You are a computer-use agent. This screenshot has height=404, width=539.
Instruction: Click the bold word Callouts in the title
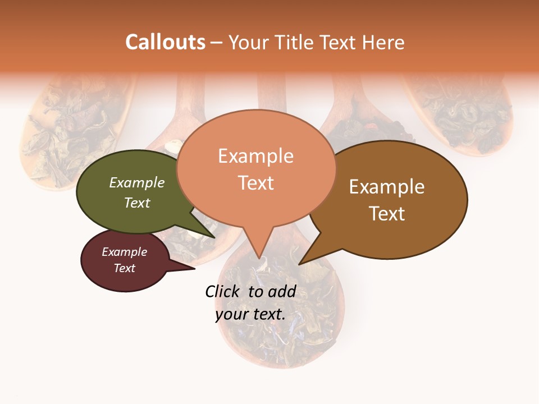[x=165, y=42]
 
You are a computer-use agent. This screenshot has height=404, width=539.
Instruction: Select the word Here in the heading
[x=384, y=42]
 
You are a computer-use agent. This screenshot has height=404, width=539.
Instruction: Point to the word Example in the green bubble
[x=137, y=182]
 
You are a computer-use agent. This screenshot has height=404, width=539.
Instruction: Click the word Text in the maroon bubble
[x=125, y=268]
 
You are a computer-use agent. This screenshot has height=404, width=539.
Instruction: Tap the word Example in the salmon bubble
[x=256, y=155]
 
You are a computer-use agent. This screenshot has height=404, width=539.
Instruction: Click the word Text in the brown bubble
[x=387, y=213]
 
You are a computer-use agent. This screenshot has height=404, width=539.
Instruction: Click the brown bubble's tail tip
[x=300, y=263]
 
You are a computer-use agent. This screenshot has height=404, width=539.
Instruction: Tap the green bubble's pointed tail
[x=214, y=236]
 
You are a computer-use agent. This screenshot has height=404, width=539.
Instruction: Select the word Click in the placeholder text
[x=222, y=291]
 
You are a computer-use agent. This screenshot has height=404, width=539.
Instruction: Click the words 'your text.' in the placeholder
[x=250, y=314]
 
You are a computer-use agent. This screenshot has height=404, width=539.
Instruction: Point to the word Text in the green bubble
[x=137, y=203]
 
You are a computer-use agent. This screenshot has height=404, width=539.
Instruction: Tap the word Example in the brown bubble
[x=387, y=186]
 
